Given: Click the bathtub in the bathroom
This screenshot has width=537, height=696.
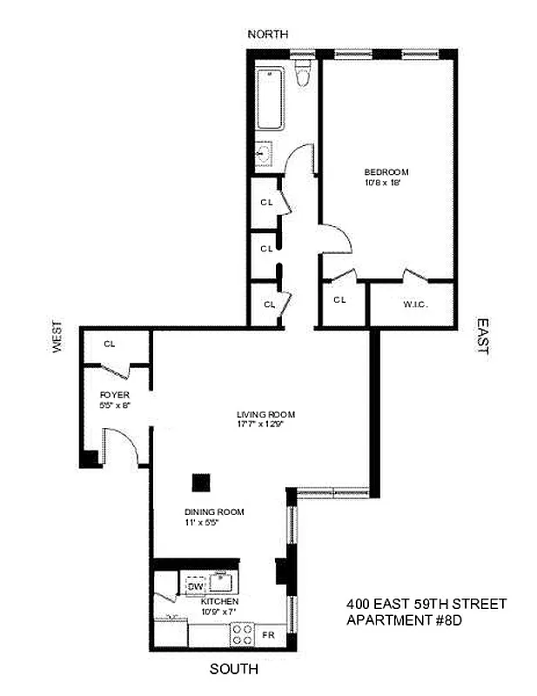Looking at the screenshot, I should (270, 97).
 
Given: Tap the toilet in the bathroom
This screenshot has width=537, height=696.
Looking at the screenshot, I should (302, 77).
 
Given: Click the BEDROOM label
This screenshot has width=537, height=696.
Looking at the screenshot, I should (386, 172).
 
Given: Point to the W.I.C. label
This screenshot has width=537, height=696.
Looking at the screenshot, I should (413, 304).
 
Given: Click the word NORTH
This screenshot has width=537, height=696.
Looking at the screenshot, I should (267, 34).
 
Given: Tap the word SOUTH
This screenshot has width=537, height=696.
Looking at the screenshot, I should (234, 670).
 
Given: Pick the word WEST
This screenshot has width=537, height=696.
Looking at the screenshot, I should (57, 336).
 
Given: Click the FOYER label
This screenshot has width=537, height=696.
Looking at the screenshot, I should (113, 394).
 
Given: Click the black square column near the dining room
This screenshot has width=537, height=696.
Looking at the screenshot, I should (201, 481).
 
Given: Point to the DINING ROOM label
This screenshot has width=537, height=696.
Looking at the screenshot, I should (213, 512).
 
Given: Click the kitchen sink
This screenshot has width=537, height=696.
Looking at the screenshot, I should (221, 580).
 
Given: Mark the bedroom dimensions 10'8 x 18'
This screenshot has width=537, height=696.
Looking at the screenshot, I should (386, 184).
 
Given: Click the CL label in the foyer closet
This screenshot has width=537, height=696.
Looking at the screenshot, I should (110, 344).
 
